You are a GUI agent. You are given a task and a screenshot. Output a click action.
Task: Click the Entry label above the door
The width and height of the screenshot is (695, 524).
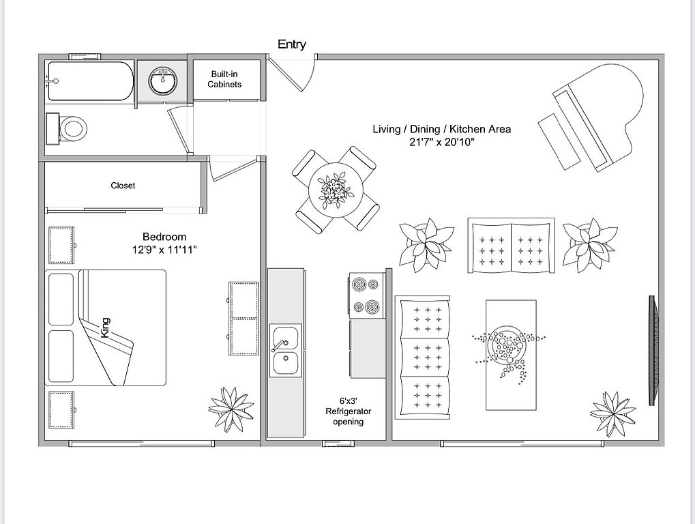click(x=292, y=44)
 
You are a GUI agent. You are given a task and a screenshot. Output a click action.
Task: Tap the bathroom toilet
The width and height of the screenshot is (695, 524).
click(x=67, y=128)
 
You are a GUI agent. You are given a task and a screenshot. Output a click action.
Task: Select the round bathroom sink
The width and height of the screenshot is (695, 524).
click(x=163, y=81)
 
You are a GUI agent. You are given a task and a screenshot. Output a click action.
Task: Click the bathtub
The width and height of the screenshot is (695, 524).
click(x=91, y=81)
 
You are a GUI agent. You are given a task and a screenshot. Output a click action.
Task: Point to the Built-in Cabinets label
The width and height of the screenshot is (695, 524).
click(x=224, y=79)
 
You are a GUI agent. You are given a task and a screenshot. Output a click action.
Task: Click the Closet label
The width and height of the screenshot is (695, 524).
click(x=123, y=186)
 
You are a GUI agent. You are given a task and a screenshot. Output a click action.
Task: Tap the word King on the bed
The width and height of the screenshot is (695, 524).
click(x=105, y=327)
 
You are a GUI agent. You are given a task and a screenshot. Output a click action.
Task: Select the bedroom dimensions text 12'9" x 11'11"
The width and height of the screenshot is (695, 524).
click(x=164, y=250)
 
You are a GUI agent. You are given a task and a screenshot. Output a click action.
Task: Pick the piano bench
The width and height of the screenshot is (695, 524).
click(x=559, y=141)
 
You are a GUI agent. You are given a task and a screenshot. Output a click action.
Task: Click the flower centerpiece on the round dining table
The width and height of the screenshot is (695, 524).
click(x=336, y=190)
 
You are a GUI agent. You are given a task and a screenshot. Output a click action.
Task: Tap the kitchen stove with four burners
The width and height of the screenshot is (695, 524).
click(x=366, y=295)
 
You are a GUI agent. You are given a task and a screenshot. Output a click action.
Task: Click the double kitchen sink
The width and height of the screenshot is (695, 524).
click(x=286, y=350)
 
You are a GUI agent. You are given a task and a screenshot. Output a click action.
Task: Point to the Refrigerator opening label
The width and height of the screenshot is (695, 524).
click(x=349, y=411)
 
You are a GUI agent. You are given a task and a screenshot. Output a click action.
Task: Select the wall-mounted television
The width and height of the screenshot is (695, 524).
click(x=653, y=350)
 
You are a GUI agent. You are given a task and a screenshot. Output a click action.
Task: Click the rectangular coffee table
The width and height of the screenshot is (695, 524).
click(x=511, y=355)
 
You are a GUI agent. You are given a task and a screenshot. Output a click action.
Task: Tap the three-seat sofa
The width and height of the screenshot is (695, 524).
click(x=422, y=358)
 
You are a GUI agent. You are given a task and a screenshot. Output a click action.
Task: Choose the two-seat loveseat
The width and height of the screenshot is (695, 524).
click(x=511, y=245)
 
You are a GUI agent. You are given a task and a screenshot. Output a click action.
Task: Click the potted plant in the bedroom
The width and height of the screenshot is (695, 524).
click(x=231, y=409)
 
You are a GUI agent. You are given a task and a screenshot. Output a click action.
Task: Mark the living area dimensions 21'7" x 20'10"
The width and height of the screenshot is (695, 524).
click(x=442, y=143)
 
